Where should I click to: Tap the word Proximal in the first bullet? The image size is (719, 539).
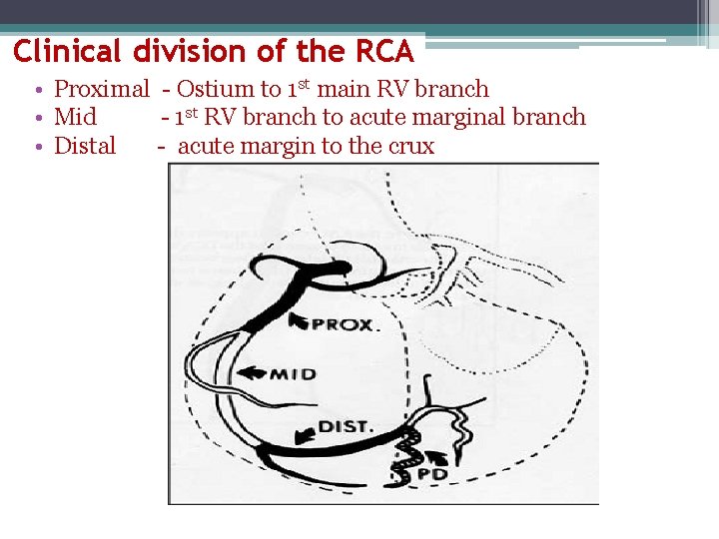pyautogui.click(x=101, y=90)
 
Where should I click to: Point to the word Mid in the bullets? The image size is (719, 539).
pyautogui.click(x=75, y=118)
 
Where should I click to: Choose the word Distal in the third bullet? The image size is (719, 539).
pyautogui.click(x=85, y=146)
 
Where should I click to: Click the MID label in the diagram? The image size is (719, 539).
pyautogui.click(x=293, y=375)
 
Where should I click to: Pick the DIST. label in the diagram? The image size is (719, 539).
pyautogui.click(x=346, y=427)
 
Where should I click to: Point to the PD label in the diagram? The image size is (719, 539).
pyautogui.click(x=432, y=472)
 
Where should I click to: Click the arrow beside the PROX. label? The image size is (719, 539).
pyautogui.click(x=299, y=320)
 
